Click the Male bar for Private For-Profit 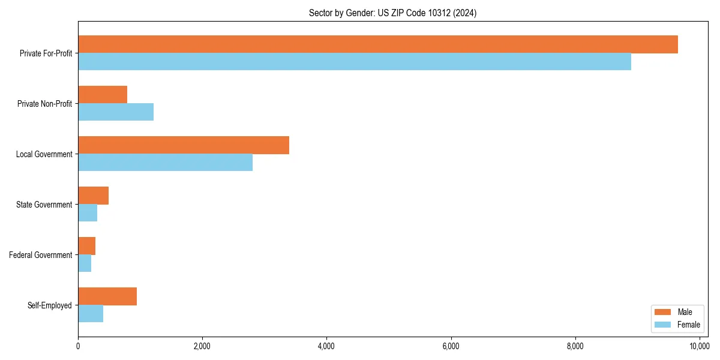tap(378, 44)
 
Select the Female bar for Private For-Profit tap(355, 62)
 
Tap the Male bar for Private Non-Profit tap(103, 95)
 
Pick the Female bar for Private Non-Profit tap(116, 112)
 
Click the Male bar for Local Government tap(184, 145)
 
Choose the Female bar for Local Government tap(165, 163)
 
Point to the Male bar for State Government tap(93, 196)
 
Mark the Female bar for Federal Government tap(85, 263)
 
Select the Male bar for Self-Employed tap(107, 296)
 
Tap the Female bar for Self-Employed tap(91, 314)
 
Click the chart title tap(392, 13)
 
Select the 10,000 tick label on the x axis tap(699, 346)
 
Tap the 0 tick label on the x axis tap(78, 346)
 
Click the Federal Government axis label tap(41, 255)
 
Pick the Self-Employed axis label tap(50, 305)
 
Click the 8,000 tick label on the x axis tap(575, 346)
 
